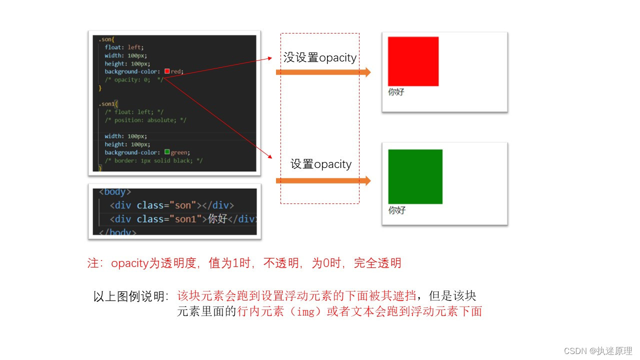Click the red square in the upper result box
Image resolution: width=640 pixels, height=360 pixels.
pos(413,61)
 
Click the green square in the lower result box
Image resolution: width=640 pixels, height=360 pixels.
pos(415,176)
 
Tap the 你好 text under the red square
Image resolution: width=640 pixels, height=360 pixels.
pos(396,92)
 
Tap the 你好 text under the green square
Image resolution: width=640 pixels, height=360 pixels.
pos(396,210)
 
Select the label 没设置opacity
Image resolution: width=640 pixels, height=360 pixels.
pos(320,58)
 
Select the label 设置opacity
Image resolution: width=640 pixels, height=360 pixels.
pos(321,164)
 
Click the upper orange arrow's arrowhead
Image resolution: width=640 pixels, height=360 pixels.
pos(366,72)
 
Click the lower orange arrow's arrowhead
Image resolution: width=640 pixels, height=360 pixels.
pos(366,181)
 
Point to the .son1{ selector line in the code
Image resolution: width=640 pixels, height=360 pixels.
pos(108,104)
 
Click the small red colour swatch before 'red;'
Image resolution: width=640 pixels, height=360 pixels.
pos(167,71)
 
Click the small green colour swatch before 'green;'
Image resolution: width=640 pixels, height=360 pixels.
pos(167,152)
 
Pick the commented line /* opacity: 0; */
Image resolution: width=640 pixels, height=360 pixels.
pos(133,79)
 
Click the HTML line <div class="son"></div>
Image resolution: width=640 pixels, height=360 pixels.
pos(171,205)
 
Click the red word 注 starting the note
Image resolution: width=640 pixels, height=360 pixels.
pos(92,263)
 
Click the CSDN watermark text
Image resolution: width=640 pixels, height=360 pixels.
pos(598,351)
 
